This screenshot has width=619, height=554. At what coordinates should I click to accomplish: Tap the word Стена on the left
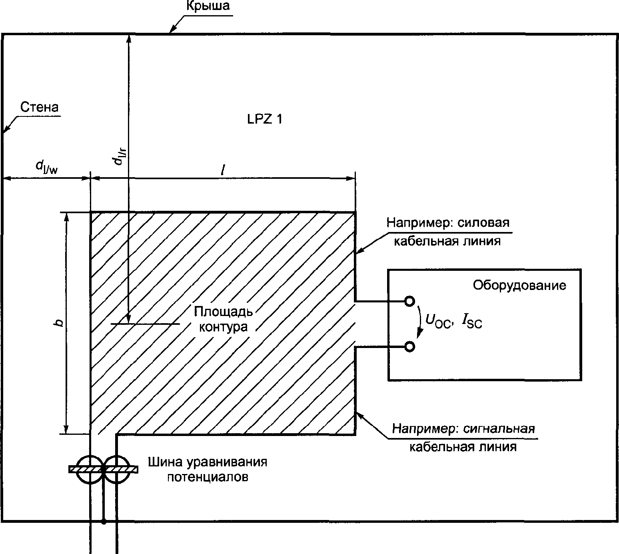click(39, 107)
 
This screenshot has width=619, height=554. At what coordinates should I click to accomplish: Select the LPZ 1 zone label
click(265, 119)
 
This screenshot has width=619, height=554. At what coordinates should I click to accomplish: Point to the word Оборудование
click(519, 285)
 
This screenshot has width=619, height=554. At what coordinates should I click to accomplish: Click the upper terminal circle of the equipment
click(409, 301)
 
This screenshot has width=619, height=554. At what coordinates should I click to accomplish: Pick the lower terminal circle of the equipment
click(409, 346)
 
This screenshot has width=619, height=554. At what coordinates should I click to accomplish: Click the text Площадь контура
click(223, 319)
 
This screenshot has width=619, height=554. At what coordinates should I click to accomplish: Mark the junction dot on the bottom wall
click(104, 522)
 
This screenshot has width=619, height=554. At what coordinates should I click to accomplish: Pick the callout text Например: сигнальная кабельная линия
click(463, 438)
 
